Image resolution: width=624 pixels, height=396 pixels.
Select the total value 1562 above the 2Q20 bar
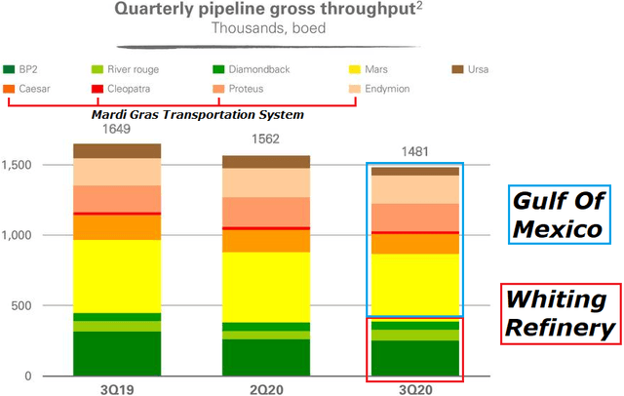pyautogui.click(x=265, y=139)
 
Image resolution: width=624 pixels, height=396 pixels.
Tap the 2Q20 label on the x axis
pyautogui.click(x=266, y=387)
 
